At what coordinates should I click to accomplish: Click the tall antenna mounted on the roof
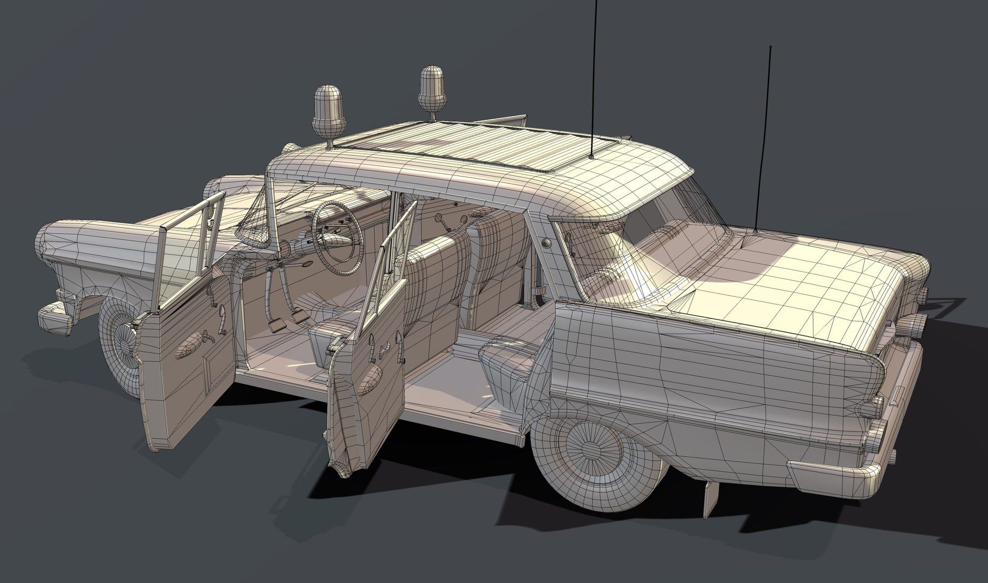pos(594,81)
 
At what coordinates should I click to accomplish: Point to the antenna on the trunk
pos(763,140)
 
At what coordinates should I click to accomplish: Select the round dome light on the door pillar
pos(547,242)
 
